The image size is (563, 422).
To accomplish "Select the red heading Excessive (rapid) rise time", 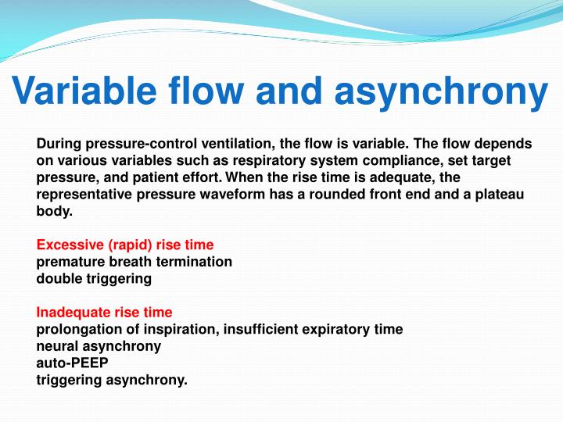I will point(125,245).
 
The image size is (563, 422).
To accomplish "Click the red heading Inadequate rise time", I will point(105,313).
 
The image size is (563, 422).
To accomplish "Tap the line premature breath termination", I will point(134,262).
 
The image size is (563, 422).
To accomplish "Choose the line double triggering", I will point(94,278).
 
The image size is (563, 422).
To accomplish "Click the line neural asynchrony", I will point(99,346).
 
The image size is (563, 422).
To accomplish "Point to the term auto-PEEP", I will point(73,363).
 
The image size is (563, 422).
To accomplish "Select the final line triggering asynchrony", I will point(112,380).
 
